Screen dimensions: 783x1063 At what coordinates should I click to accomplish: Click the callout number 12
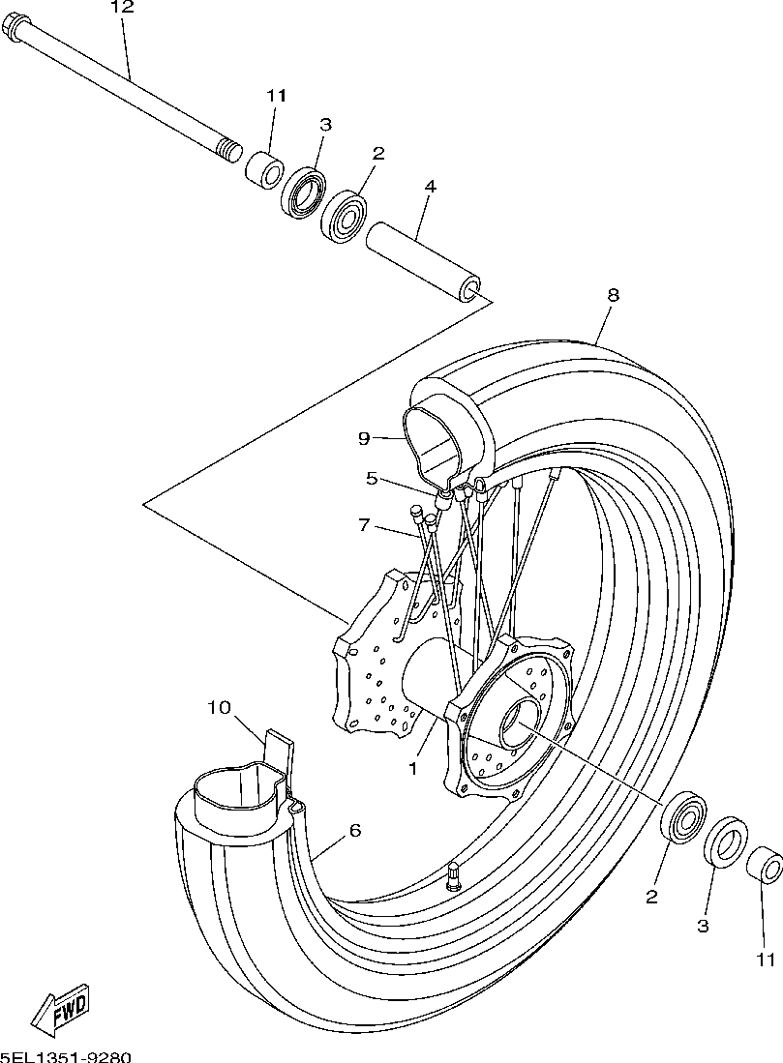point(121,8)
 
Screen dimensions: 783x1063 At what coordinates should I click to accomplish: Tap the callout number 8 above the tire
point(613,295)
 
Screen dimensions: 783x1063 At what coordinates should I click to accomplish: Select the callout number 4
point(430,186)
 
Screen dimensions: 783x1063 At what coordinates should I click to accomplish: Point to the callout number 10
point(219,707)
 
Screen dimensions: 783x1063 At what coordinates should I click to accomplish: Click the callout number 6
point(354,831)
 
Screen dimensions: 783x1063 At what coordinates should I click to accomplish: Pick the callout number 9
point(364,438)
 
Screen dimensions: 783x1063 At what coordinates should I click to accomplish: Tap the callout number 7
point(364,525)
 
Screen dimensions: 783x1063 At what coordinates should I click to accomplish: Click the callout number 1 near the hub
point(412,769)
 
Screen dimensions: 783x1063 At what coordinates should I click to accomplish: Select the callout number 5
point(371,477)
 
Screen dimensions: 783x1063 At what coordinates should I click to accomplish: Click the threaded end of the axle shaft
point(229,151)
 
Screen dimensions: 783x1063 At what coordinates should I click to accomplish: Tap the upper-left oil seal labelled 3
point(303,193)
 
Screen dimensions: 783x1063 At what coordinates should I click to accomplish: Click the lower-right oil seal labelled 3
point(726,842)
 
